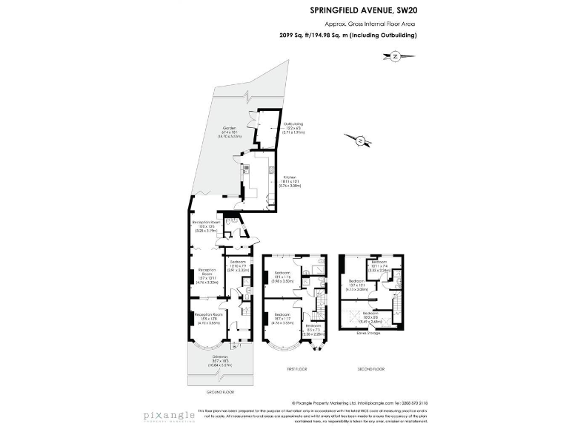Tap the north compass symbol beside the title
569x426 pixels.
[x=395, y=56]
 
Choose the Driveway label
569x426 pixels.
[x=220, y=357]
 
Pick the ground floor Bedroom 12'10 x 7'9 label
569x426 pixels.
[x=237, y=265]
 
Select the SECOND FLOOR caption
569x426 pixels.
[x=370, y=368]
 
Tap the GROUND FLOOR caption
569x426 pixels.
[x=220, y=391]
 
